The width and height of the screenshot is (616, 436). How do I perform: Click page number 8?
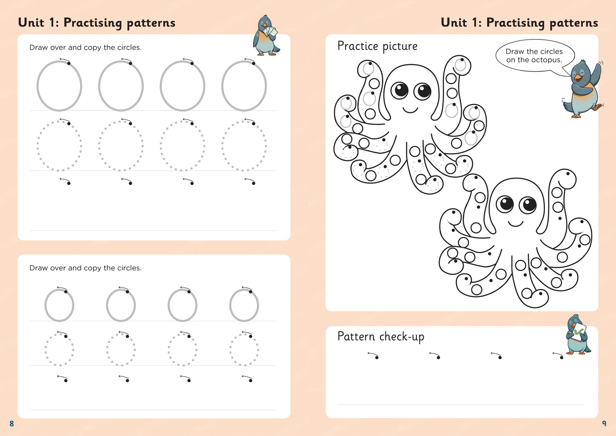tap(11, 423)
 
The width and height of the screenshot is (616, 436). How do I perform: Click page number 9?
tap(604, 423)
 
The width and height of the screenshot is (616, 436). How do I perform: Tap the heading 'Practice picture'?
tap(377, 46)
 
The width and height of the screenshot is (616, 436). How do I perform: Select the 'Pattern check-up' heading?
tap(381, 337)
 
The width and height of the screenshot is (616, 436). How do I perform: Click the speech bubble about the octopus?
tap(535, 56)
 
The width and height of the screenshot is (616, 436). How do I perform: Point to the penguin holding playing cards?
tap(265, 35)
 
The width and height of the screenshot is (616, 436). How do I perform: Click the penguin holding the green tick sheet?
tap(578, 335)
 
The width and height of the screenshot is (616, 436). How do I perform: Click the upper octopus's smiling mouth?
tap(410, 111)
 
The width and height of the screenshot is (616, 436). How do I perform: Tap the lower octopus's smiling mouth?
tap(516, 224)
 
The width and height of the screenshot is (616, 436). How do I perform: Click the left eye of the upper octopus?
tap(400, 90)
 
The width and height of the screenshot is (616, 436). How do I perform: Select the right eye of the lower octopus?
tap(528, 205)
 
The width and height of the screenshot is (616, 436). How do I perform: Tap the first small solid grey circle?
tap(45, 305)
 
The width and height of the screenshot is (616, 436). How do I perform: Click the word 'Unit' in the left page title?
tap(31, 23)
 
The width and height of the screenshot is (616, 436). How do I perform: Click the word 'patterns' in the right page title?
tap(574, 23)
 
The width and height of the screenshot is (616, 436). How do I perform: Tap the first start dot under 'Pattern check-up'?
tap(377, 358)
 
